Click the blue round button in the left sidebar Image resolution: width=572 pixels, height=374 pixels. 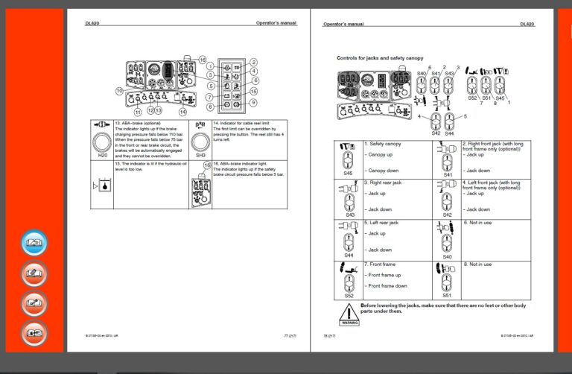tap(34, 244)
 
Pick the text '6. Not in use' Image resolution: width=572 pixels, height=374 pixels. tap(477, 222)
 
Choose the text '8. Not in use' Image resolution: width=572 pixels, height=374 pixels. tap(477, 264)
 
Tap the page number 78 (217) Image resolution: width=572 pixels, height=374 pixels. tap(329, 337)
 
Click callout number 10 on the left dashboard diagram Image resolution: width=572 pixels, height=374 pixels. tap(118, 91)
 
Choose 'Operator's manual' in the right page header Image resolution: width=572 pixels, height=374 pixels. tap(343, 24)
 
